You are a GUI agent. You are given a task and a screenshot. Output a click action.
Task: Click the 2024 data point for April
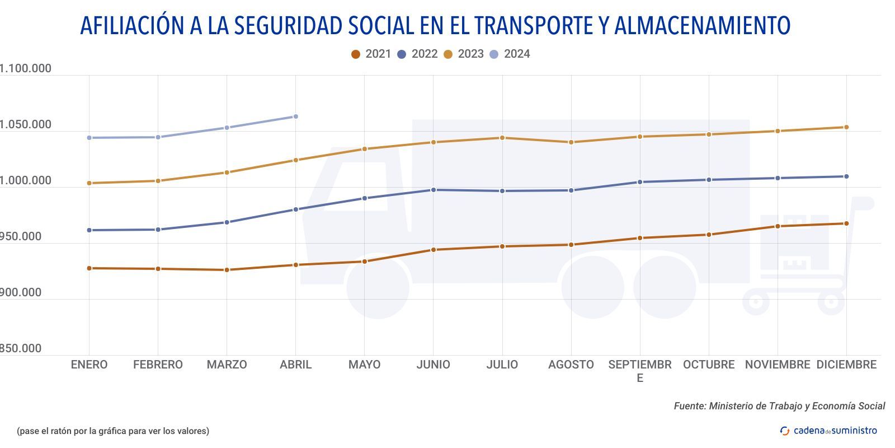click(296, 116)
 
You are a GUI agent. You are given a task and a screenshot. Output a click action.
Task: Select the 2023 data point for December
click(846, 127)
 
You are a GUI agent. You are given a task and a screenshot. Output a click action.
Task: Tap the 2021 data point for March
click(227, 270)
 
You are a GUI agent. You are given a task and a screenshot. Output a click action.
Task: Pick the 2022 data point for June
click(434, 190)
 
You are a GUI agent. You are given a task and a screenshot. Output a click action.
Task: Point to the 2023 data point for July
click(502, 138)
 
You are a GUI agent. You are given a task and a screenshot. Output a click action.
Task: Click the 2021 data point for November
click(778, 226)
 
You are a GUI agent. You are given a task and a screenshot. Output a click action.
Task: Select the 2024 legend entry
click(510, 54)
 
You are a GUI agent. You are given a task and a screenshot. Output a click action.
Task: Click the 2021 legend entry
click(371, 54)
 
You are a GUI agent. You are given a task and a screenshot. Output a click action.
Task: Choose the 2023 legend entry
click(463, 54)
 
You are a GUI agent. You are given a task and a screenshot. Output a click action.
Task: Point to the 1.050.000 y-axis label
click(25, 124)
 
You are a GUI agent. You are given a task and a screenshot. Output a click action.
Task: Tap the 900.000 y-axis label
click(21, 292)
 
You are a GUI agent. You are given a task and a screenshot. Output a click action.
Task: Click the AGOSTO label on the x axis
click(571, 365)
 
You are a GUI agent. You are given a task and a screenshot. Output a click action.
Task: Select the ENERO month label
click(89, 365)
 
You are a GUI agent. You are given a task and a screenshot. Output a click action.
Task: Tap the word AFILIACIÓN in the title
click(133, 26)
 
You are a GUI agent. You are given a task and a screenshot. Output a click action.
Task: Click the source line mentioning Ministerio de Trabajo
click(779, 406)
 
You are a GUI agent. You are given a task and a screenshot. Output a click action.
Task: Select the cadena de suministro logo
click(828, 431)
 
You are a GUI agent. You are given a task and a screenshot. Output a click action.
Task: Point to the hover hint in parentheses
click(113, 431)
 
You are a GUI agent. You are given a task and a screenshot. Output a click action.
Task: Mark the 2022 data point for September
click(640, 182)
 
